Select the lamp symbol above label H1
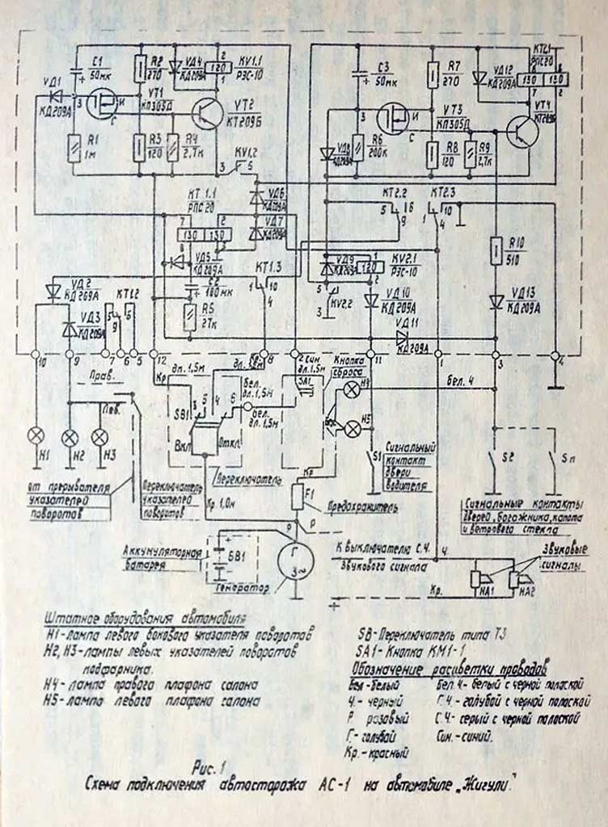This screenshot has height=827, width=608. [36, 435]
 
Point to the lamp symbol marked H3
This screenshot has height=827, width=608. [99, 436]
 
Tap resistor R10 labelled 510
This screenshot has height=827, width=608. [493, 254]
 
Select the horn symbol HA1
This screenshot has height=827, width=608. [479, 578]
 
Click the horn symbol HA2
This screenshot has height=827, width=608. [515, 578]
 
